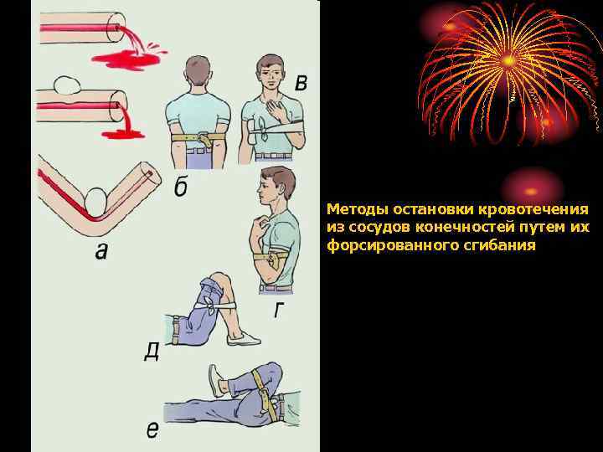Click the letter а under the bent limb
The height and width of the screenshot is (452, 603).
100,251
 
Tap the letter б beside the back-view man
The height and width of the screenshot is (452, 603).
181,187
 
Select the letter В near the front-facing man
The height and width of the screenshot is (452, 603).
301,83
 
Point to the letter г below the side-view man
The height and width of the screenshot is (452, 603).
279,311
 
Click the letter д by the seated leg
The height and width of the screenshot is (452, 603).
152,352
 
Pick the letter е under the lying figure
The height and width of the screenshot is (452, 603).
152,429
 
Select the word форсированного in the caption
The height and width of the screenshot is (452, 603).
391,245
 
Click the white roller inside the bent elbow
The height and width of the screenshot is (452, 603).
95,203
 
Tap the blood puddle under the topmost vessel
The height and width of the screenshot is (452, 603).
125,59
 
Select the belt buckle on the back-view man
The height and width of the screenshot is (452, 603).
203,138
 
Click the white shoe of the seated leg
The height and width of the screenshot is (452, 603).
244,338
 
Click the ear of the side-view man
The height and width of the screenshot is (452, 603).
276,188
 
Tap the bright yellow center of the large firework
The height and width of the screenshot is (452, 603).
508,60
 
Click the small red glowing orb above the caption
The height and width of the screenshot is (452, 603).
531,191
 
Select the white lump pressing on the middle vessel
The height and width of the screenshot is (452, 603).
66,85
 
